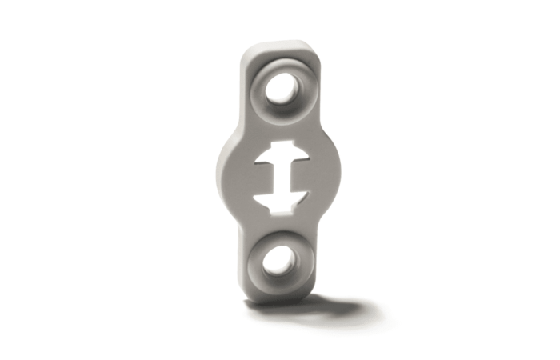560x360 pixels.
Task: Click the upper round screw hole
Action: [282, 89]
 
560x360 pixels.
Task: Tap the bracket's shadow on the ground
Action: [336, 307]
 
